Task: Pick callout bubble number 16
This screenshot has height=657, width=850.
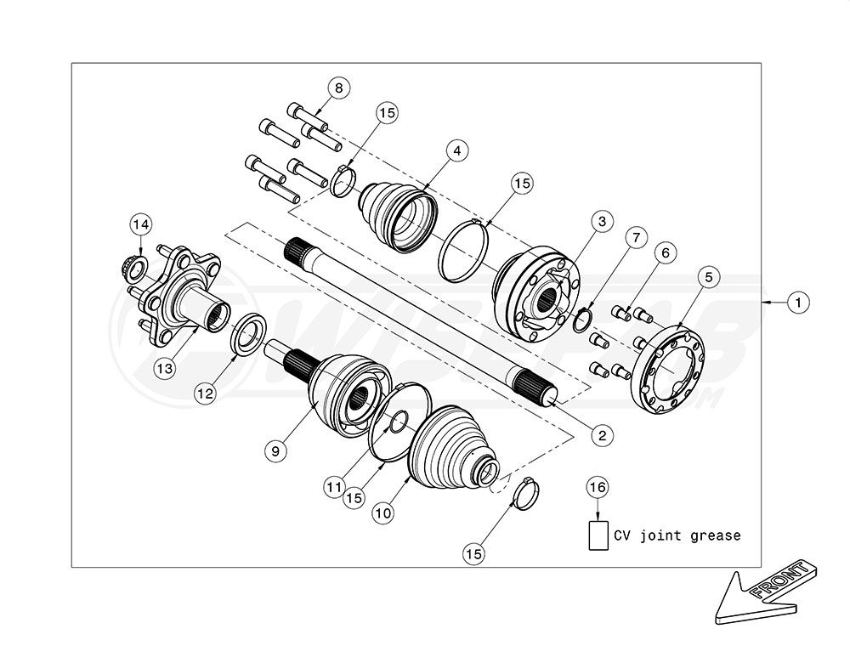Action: click(x=599, y=487)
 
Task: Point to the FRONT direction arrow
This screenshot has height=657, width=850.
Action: click(x=761, y=596)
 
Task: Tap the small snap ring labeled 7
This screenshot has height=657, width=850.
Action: click(x=581, y=321)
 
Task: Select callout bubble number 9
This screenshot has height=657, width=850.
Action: click(x=275, y=451)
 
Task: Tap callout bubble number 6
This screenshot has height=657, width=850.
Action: click(x=665, y=252)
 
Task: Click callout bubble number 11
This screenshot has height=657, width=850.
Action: click(x=332, y=487)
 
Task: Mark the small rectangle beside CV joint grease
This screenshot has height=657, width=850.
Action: click(x=599, y=536)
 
